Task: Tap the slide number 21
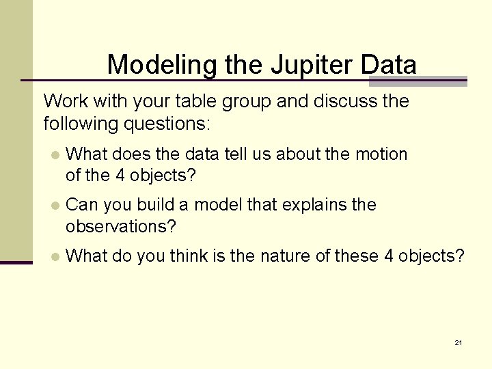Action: coord(458,342)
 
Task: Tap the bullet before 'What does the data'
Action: coord(55,155)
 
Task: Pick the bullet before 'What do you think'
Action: coord(55,257)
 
